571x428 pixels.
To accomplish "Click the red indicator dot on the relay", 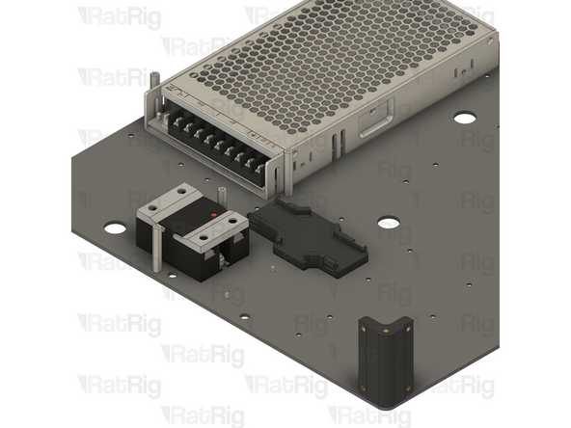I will [x=212, y=213].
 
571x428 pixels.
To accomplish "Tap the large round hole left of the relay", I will [x=115, y=228].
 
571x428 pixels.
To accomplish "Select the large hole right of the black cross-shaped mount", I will [x=389, y=223].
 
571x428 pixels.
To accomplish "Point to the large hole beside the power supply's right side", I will [x=465, y=118].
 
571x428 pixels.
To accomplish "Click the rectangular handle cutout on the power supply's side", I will [x=373, y=122].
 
